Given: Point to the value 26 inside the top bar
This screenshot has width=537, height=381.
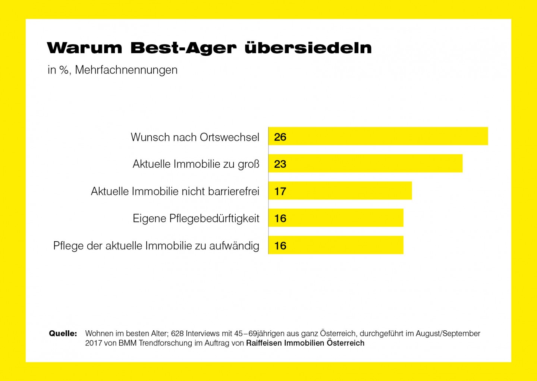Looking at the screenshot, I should [280, 137].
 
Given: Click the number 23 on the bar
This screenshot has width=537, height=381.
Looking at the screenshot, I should [280, 164].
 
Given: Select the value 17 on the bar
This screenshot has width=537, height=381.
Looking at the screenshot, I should [280, 191].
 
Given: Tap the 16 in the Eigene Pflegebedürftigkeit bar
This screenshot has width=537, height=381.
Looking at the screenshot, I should [280, 218].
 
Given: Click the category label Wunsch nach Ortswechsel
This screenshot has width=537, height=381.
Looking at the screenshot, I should [195, 137].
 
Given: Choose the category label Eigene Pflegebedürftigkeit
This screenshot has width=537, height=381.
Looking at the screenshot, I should [196, 218].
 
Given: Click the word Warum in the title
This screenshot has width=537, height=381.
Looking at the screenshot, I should [84, 48].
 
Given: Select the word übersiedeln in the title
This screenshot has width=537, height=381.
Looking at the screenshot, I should [308, 48].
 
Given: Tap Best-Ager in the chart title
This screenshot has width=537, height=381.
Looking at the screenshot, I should [183, 48].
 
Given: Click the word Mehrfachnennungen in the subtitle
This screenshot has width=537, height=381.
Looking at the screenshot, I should [126, 70].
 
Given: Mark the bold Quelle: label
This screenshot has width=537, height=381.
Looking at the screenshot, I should [63, 333].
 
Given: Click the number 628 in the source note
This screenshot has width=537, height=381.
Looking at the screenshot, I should [177, 333].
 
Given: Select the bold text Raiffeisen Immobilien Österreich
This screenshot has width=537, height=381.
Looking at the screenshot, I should [305, 343].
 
